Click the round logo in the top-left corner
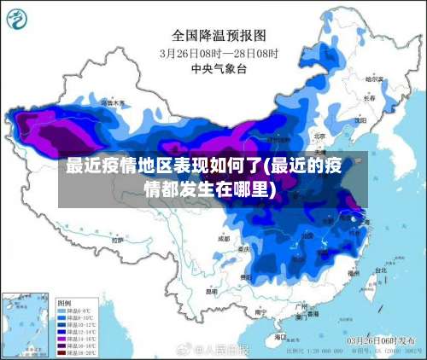coord(20,18)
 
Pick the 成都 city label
coord(224,240)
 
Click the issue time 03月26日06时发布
coord(377,340)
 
